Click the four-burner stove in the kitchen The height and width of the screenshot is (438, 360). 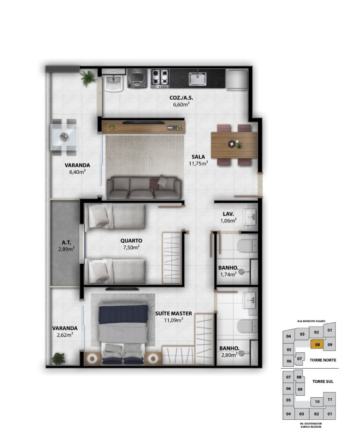point(160,78)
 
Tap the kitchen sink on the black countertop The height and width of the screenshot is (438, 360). point(198,79)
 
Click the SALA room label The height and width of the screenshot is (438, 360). point(198,157)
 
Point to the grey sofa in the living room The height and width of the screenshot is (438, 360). point(143,187)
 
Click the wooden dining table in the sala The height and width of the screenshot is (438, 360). point(234,145)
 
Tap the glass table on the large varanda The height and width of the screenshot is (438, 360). point(64,137)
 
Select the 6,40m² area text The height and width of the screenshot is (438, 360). point(77,172)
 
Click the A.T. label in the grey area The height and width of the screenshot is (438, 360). point(66,243)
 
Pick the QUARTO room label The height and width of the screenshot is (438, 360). point(131,240)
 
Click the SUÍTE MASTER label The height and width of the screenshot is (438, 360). point(173,313)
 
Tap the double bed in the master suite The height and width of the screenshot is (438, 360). point(123,334)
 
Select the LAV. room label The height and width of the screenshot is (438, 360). point(228,214)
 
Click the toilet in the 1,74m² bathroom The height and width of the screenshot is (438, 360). point(247,245)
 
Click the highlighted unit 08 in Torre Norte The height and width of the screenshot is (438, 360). point(317,344)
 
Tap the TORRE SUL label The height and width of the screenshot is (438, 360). point(323,381)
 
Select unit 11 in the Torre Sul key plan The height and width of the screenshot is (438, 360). point(330,400)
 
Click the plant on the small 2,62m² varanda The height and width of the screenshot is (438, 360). point(59,359)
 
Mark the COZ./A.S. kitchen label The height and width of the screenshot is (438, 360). point(181,98)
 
